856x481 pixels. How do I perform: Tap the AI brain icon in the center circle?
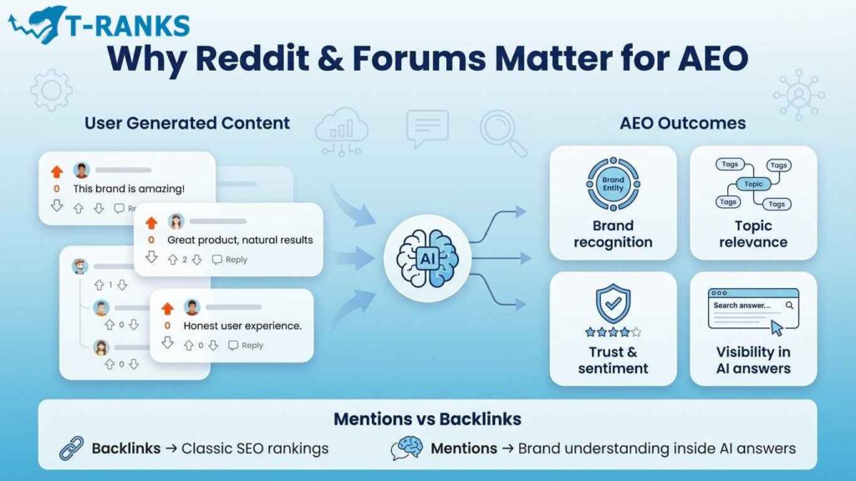(x=428, y=259)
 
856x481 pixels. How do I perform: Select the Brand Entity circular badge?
(x=613, y=185)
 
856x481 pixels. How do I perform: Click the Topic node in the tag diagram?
(x=753, y=185)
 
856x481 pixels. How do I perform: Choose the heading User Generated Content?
(x=187, y=123)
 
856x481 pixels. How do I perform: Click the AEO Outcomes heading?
(x=683, y=123)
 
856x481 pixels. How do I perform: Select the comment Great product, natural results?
(x=240, y=240)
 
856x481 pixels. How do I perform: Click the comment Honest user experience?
(x=242, y=326)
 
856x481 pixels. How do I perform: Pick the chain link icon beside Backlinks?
(x=71, y=448)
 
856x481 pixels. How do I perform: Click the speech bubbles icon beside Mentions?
(x=407, y=448)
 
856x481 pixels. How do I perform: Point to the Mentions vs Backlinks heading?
(x=427, y=419)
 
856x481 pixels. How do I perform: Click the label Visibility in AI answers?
(x=753, y=360)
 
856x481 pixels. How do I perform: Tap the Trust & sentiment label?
(x=613, y=360)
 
